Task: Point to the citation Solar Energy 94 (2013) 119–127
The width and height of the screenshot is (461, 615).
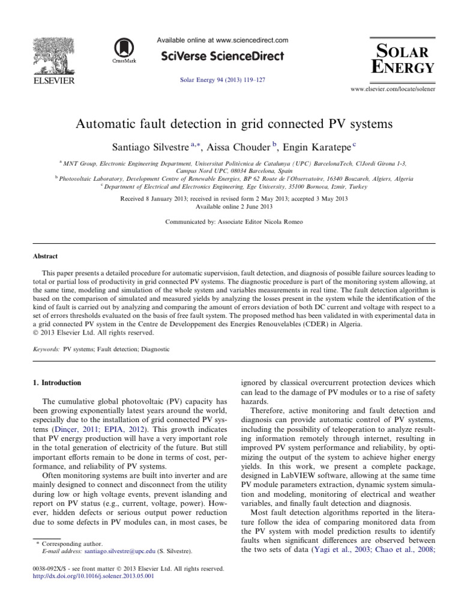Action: click(222, 79)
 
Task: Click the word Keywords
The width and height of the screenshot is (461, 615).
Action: click(46, 348)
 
